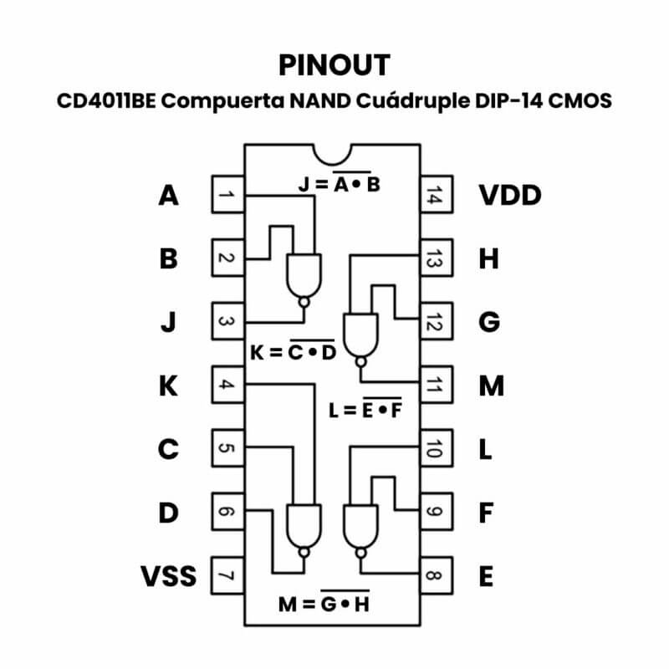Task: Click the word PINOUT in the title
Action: point(334,64)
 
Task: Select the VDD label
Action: point(510,196)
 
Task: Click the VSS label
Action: point(168,576)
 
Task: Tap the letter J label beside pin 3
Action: point(168,322)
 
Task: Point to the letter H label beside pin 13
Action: point(488,259)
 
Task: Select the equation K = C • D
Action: point(293,352)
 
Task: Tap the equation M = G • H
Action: point(324,603)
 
